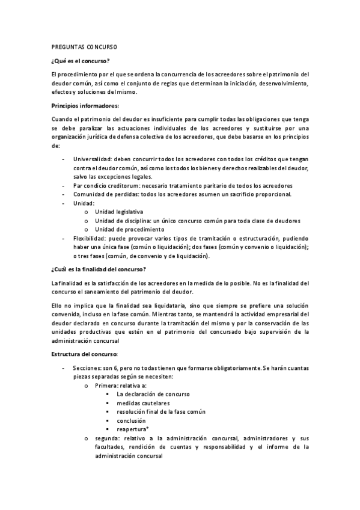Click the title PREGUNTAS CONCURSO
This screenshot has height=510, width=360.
pyautogui.click(x=84, y=46)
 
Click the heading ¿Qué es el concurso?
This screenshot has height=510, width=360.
pyautogui.click(x=81, y=60)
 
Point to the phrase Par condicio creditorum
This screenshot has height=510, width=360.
pyautogui.click(x=106, y=186)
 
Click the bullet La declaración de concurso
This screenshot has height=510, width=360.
pyautogui.click(x=153, y=394)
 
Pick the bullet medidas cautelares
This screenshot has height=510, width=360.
pyautogui.click(x=143, y=403)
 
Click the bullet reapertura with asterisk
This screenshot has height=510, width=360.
pyautogui.click(x=133, y=429)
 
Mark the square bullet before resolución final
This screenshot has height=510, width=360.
pyautogui.click(x=106, y=412)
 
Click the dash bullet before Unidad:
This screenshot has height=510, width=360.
pyautogui.click(x=64, y=203)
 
